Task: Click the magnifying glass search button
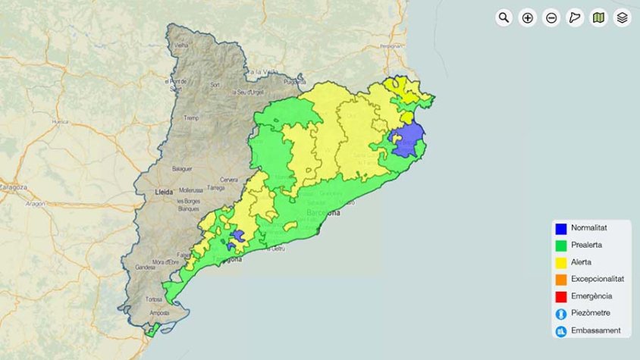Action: (x=504, y=17)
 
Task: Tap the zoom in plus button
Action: (x=528, y=17)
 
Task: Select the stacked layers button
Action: (x=622, y=17)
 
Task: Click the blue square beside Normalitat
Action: (x=561, y=228)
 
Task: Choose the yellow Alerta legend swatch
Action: (x=561, y=262)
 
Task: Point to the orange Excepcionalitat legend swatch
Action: (x=561, y=280)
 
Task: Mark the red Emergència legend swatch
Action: (x=561, y=296)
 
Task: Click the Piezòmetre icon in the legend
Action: (x=561, y=314)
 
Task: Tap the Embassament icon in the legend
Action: (x=561, y=330)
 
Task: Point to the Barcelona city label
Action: (x=324, y=214)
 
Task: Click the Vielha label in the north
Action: (x=181, y=46)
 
